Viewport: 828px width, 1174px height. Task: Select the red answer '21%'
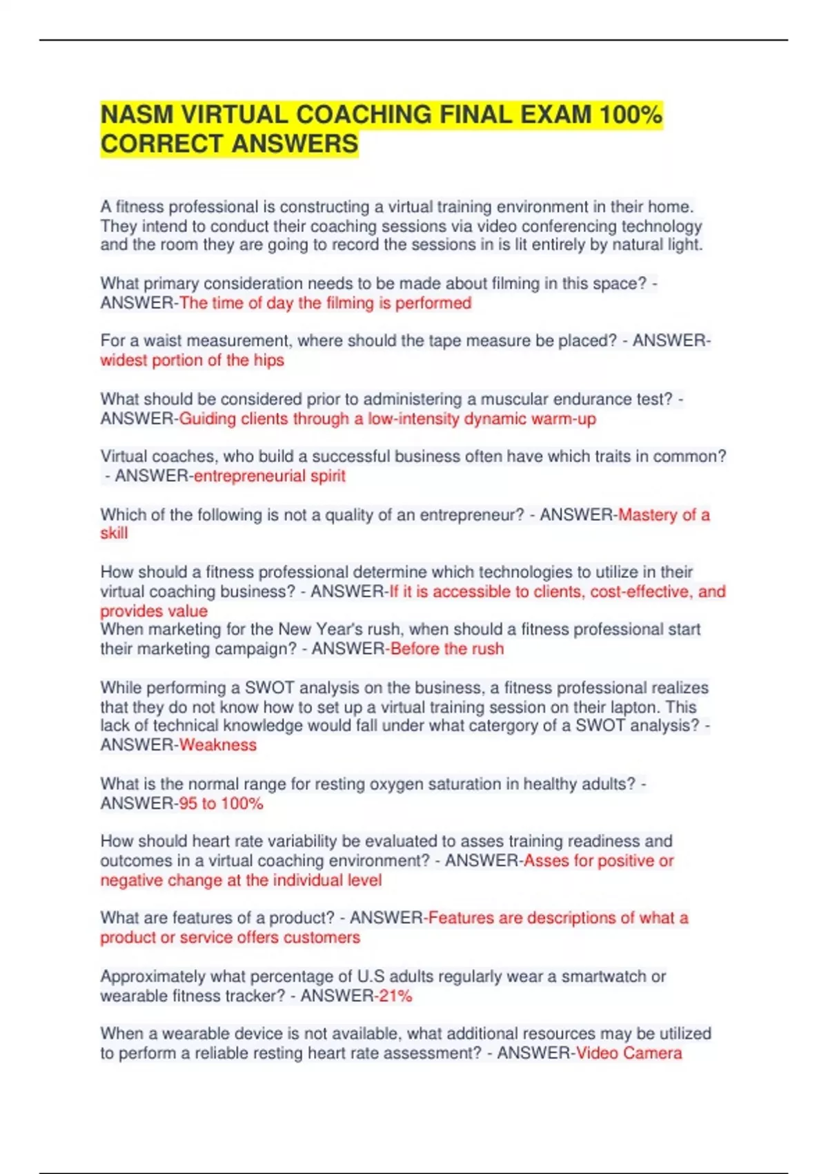pyautogui.click(x=395, y=996)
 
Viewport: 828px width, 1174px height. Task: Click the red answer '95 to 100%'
pyautogui.click(x=221, y=803)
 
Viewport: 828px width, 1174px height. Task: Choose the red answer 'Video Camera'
pyautogui.click(x=629, y=1053)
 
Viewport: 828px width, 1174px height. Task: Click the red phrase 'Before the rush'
pyautogui.click(x=447, y=648)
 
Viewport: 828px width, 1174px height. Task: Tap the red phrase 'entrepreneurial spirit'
pyautogui.click(x=269, y=476)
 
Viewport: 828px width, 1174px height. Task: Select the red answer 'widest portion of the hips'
pyautogui.click(x=192, y=360)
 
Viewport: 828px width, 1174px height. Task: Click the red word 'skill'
pyautogui.click(x=114, y=533)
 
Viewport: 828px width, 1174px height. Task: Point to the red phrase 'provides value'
pyautogui.click(x=154, y=611)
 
